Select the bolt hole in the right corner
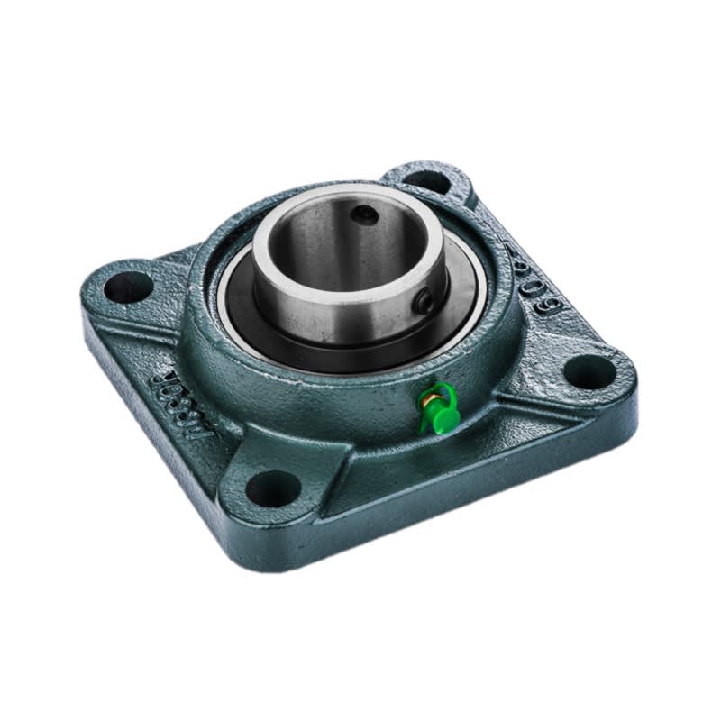pos(590,370)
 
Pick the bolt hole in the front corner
pos(272,488)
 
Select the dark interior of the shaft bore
pos(333,243)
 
